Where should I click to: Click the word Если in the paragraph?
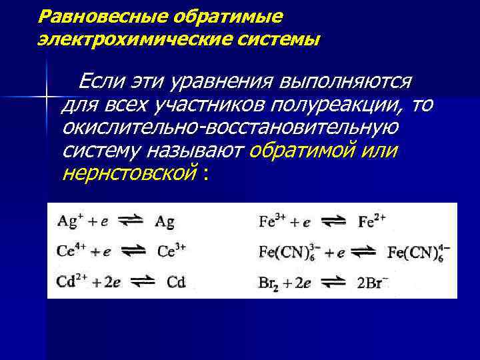click(99, 83)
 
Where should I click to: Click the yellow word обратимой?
click(297, 151)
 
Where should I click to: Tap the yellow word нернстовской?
click(129, 175)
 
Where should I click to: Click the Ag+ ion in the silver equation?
click(67, 221)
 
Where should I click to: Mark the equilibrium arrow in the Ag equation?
click(131, 222)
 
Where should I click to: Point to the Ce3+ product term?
click(172, 251)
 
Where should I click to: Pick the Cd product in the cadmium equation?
click(176, 282)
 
